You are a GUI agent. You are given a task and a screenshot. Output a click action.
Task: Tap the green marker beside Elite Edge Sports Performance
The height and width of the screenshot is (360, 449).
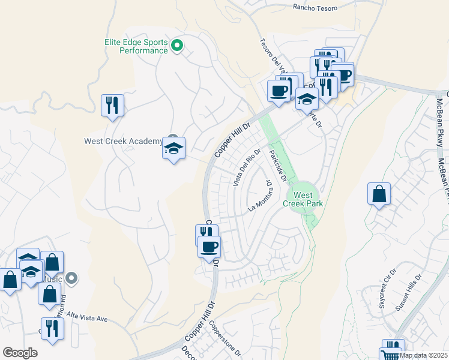pos(177,46)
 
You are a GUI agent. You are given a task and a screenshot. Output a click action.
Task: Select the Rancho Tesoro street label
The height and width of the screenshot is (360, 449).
pos(315,8)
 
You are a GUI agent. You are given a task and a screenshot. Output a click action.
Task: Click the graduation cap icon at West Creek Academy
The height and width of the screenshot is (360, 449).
pos(173,149)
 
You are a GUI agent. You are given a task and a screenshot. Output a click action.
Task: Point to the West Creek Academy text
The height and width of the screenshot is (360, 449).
pos(122,142)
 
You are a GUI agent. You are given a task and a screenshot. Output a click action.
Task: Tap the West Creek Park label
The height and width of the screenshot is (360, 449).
pos(308,199)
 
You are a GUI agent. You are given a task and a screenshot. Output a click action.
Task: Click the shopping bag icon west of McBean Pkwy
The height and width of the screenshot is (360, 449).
pos(379,194)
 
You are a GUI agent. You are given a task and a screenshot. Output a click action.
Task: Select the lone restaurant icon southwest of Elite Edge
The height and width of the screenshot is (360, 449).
pos(112,106)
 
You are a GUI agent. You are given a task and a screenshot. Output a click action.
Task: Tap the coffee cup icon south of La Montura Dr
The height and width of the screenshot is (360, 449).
pos(209,247)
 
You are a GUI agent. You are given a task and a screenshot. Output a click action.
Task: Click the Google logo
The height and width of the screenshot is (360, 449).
pos(20,353)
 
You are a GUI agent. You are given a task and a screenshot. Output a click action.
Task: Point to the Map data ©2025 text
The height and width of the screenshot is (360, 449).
pos(424,355)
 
